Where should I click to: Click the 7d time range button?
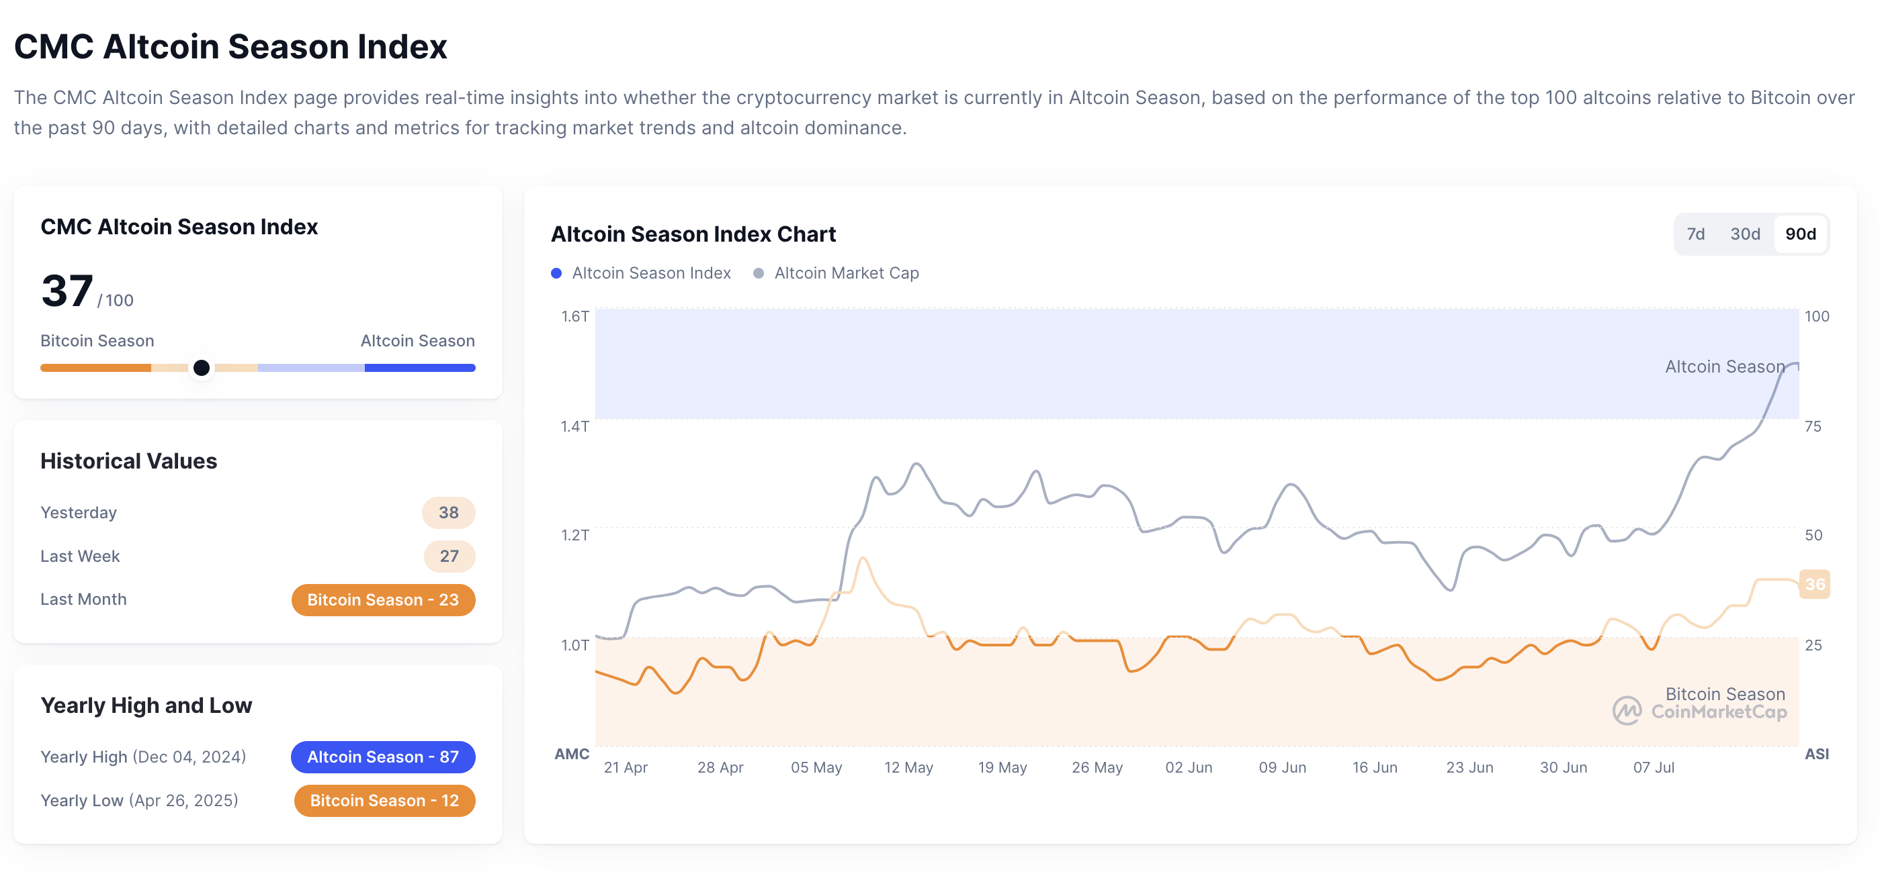point(1695,234)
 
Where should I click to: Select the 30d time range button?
point(1744,234)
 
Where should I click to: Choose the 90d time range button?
point(1800,234)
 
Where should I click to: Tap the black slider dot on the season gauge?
point(201,368)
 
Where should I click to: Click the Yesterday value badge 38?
point(448,512)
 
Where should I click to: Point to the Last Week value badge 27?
point(449,556)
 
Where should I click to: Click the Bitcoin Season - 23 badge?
point(382,600)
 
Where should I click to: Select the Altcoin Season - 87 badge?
point(382,757)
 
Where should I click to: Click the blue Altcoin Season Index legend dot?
point(556,273)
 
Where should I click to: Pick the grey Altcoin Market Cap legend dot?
point(759,273)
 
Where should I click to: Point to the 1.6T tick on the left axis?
point(575,316)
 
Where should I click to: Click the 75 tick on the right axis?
point(1812,426)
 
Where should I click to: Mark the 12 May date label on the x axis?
point(908,767)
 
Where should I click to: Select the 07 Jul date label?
point(1654,767)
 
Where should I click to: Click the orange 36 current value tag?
point(1815,584)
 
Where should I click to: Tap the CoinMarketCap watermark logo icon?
point(1627,710)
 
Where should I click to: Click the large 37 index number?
point(67,291)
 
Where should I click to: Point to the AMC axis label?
point(571,754)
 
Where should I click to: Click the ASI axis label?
point(1816,754)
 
